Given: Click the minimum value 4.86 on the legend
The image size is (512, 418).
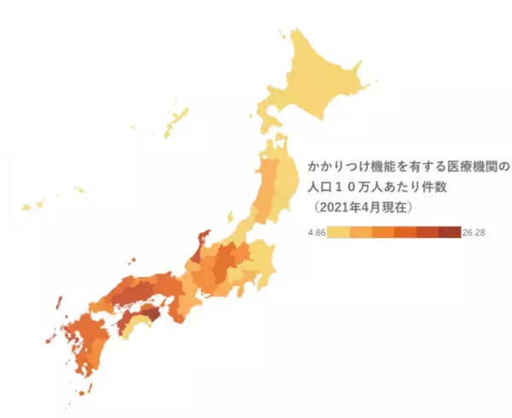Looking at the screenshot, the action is pos(317,232).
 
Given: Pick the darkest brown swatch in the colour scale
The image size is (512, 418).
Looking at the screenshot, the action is pos(450,232).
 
